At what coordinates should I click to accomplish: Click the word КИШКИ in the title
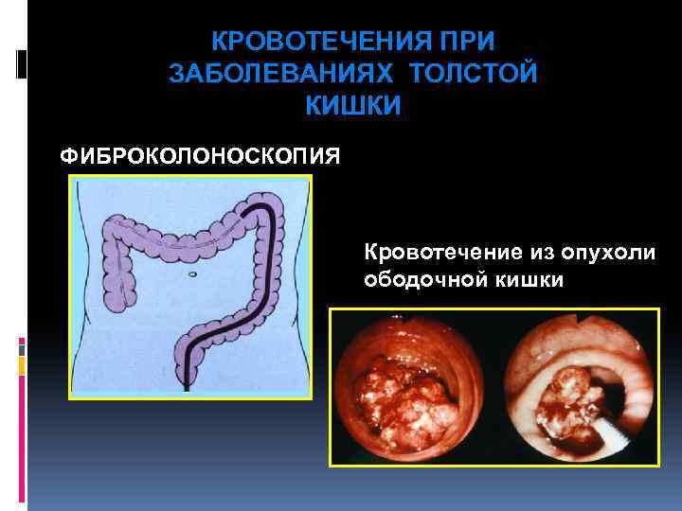(x=353, y=106)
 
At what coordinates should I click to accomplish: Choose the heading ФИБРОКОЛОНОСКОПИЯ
(x=201, y=154)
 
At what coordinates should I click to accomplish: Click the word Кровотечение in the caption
(x=435, y=252)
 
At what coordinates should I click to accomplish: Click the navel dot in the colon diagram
(x=192, y=274)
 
